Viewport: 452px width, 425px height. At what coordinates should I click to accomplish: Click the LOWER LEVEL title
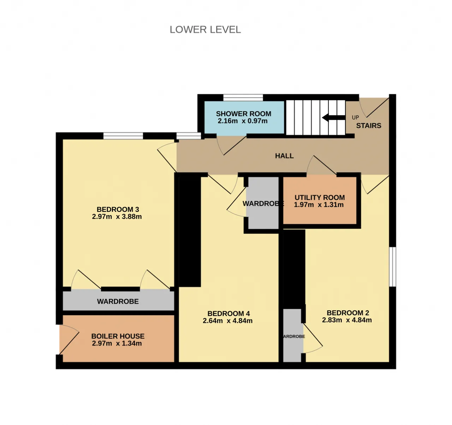pyautogui.click(x=205, y=30)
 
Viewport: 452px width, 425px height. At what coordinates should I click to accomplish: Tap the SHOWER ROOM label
pyautogui.click(x=244, y=114)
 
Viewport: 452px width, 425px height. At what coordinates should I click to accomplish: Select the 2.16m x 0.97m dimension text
pyautogui.click(x=242, y=121)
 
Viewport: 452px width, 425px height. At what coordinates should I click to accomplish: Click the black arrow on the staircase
pyautogui.click(x=334, y=118)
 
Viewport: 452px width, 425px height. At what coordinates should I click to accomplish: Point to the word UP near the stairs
pyautogui.click(x=355, y=118)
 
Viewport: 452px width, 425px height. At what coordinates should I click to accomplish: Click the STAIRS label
pyautogui.click(x=369, y=126)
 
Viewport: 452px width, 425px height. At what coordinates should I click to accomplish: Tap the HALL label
pyautogui.click(x=284, y=156)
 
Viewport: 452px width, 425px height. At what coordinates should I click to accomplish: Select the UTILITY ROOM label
pyautogui.click(x=320, y=197)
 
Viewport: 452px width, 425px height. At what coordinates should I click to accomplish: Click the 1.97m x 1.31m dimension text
pyautogui.click(x=319, y=205)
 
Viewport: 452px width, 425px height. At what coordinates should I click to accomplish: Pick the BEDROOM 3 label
pyautogui.click(x=118, y=209)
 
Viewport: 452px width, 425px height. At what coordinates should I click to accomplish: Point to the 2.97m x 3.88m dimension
pyautogui.click(x=117, y=217)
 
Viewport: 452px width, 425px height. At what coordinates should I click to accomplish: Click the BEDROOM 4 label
pyautogui.click(x=228, y=313)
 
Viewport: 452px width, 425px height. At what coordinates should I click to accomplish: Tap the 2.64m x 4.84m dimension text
pyautogui.click(x=228, y=321)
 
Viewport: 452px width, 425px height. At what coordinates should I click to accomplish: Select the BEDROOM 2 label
pyautogui.click(x=347, y=313)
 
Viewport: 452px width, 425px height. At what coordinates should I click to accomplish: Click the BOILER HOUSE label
pyautogui.click(x=118, y=336)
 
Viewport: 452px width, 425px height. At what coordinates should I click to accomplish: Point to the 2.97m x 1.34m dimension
pyautogui.click(x=117, y=343)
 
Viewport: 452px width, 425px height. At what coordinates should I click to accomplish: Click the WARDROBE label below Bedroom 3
pyautogui.click(x=118, y=301)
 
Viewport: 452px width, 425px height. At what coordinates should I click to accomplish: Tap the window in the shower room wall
pyautogui.click(x=243, y=98)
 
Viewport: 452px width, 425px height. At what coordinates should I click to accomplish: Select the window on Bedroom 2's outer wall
pyautogui.click(x=392, y=267)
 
